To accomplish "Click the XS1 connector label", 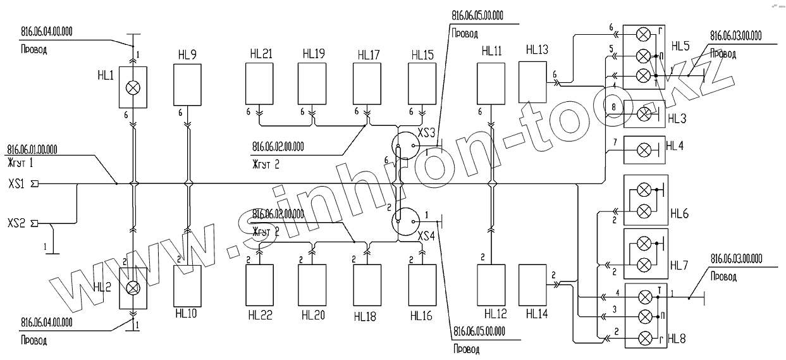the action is [16, 183].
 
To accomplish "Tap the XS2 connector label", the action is [16, 223].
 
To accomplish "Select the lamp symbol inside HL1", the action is [133, 88].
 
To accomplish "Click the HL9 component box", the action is [187, 85].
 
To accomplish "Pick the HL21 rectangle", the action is [260, 85].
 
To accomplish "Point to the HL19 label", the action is [314, 54].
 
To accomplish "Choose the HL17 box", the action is [367, 85].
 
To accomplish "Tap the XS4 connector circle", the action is [407, 221].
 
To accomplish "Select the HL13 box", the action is [533, 82].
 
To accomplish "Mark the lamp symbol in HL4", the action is [644, 150].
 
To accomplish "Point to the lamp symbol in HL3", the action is [644, 115].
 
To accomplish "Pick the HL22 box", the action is [260, 285].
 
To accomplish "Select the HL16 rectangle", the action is [422, 285].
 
